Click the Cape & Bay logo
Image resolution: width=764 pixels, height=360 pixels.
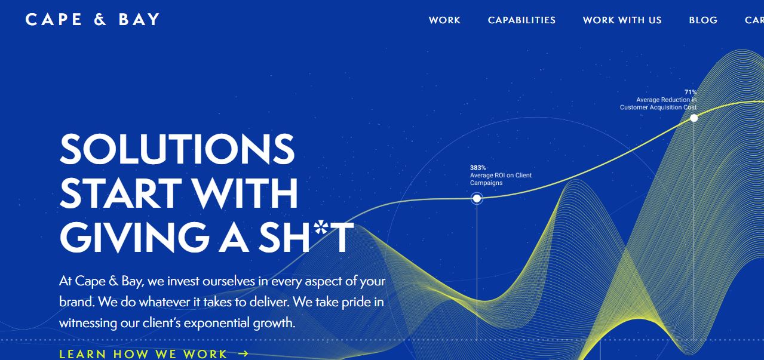[x=93, y=19]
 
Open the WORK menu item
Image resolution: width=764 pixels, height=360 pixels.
[x=444, y=20]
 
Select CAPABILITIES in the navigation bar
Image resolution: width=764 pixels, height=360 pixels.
[x=521, y=20]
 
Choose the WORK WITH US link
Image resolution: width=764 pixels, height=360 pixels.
[x=622, y=20]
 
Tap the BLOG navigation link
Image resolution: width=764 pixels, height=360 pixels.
[x=703, y=20]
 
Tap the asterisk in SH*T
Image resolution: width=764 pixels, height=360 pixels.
[x=322, y=227]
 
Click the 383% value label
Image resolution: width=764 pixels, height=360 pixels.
[x=478, y=168]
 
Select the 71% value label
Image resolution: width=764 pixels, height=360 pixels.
[x=691, y=92]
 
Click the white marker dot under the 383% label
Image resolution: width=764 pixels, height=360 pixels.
[x=477, y=198]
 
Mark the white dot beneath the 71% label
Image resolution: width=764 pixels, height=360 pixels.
[x=694, y=118]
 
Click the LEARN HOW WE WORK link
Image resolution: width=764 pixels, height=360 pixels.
[x=143, y=353]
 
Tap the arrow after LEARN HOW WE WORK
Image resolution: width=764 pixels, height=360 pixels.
[x=243, y=353]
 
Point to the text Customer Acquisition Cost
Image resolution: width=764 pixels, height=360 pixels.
[x=658, y=107]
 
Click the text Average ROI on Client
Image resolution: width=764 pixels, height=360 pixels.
[x=501, y=176]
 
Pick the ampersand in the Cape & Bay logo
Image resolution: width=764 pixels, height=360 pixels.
[x=100, y=19]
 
